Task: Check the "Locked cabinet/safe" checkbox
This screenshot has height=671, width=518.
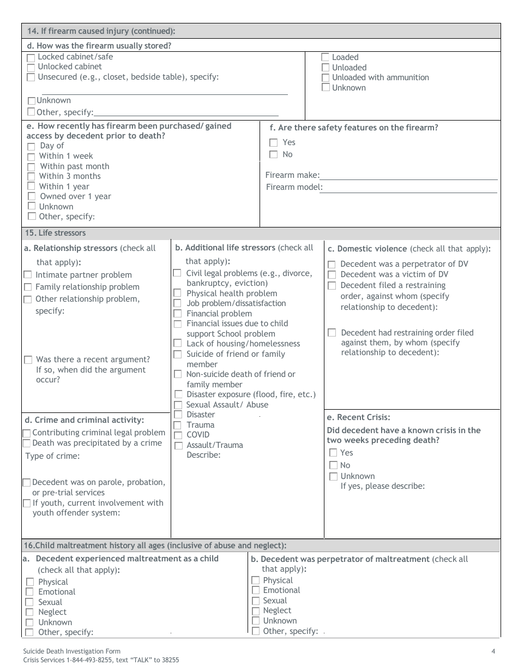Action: [31, 57]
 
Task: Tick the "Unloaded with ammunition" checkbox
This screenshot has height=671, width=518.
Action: [326, 77]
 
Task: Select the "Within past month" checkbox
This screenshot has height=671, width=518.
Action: [31, 166]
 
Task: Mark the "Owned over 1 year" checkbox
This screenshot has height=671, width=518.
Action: [31, 196]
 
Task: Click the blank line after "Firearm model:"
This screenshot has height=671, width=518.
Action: [409, 188]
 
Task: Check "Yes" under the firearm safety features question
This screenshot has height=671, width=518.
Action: [274, 142]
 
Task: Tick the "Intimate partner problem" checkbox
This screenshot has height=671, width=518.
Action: [28, 275]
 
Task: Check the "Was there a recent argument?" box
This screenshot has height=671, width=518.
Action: [28, 360]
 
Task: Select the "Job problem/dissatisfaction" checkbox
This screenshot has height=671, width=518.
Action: [177, 303]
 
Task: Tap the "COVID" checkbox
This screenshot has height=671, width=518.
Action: [178, 435]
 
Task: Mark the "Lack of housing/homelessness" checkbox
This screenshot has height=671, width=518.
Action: [177, 344]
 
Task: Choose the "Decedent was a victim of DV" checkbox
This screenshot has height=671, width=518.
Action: [332, 274]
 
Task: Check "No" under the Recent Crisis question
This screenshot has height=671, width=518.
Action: [333, 465]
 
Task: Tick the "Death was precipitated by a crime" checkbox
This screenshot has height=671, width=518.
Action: [26, 443]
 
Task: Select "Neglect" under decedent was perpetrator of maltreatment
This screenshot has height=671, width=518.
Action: [256, 611]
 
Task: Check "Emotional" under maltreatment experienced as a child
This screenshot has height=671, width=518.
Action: [30, 592]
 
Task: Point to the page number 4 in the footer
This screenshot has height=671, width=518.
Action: [493, 651]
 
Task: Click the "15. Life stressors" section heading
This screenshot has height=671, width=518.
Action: [55, 233]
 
